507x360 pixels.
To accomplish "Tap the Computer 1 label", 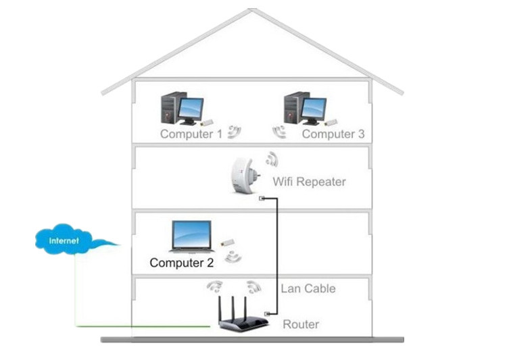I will (x=191, y=134).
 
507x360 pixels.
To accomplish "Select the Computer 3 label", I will (x=333, y=134).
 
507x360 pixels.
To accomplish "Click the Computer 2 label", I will (x=181, y=263).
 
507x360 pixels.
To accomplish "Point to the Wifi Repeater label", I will (x=309, y=182).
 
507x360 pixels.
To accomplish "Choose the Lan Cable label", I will (x=308, y=288).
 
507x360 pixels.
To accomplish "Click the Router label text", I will (x=301, y=324).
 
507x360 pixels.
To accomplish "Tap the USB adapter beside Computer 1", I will (x=207, y=123).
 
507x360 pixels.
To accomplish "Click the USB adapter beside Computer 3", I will (x=331, y=122).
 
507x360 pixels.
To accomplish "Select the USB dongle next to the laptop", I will (x=228, y=242).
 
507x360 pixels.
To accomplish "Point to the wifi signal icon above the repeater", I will (x=272, y=159).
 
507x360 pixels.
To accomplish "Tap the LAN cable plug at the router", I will (x=269, y=313).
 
